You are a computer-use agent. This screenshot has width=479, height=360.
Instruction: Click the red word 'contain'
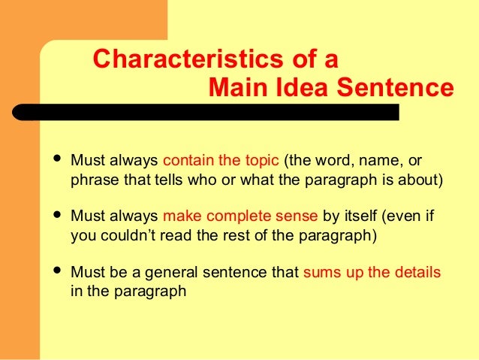click(x=185, y=162)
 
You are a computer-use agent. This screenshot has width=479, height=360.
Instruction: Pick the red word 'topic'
click(x=262, y=162)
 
